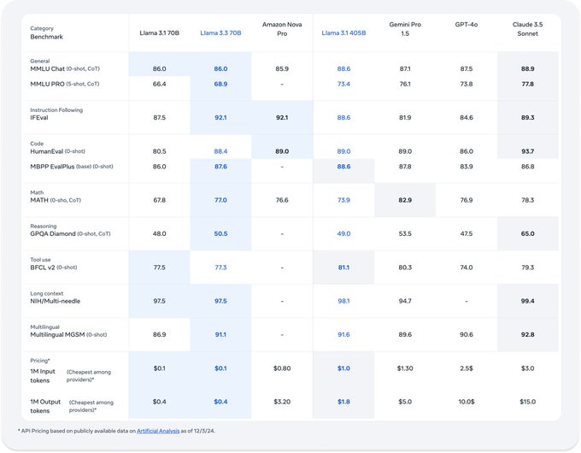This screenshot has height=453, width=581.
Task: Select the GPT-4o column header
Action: [x=467, y=26]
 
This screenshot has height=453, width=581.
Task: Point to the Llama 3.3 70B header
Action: [x=220, y=32]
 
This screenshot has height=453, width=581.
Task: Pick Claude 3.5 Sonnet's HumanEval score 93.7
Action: [x=527, y=151]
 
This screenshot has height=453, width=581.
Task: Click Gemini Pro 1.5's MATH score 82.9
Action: [x=405, y=200]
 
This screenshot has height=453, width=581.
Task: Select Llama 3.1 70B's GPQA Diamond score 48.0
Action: [x=159, y=233]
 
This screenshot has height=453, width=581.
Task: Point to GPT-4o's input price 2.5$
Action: [x=467, y=368]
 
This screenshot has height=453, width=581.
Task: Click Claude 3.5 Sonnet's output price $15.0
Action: [x=527, y=401]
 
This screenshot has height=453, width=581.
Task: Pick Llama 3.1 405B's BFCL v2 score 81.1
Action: [x=343, y=267]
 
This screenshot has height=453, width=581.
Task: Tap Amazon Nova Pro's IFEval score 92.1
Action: [x=282, y=118]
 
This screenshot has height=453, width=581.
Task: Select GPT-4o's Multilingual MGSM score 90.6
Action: [x=467, y=334]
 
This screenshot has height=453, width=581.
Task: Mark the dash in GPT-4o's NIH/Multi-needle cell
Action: [x=467, y=301]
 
